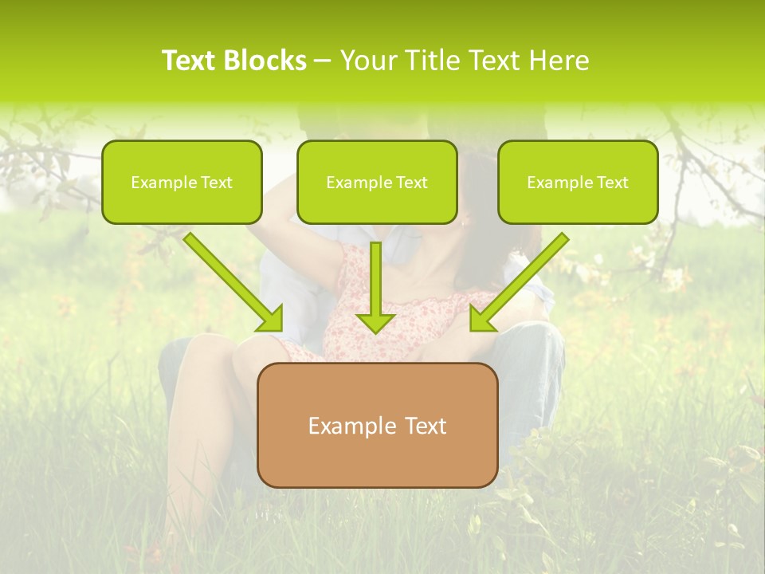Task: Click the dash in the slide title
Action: coord(323,61)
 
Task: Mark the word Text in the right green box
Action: coord(612,183)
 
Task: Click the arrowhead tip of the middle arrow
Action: coord(375,330)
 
